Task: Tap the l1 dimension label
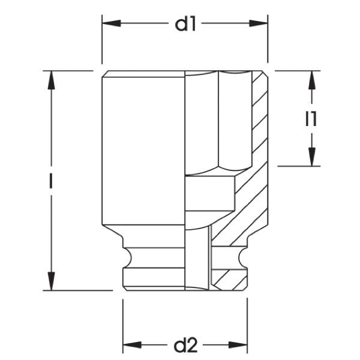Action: click(x=310, y=119)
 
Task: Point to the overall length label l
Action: click(x=52, y=180)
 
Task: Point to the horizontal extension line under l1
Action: click(x=300, y=166)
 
